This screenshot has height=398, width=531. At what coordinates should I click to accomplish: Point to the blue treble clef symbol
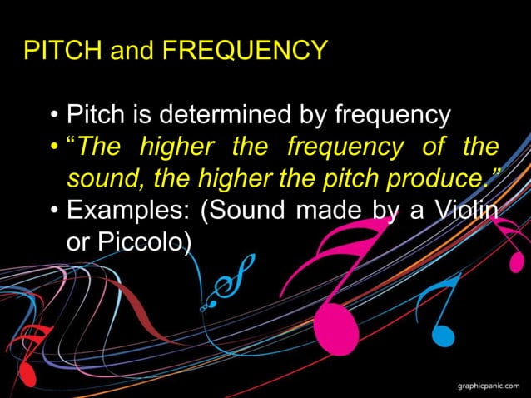point(223,283)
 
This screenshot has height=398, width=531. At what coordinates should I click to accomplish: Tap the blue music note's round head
point(443,335)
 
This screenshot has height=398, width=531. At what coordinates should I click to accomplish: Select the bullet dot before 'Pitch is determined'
point(54,115)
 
